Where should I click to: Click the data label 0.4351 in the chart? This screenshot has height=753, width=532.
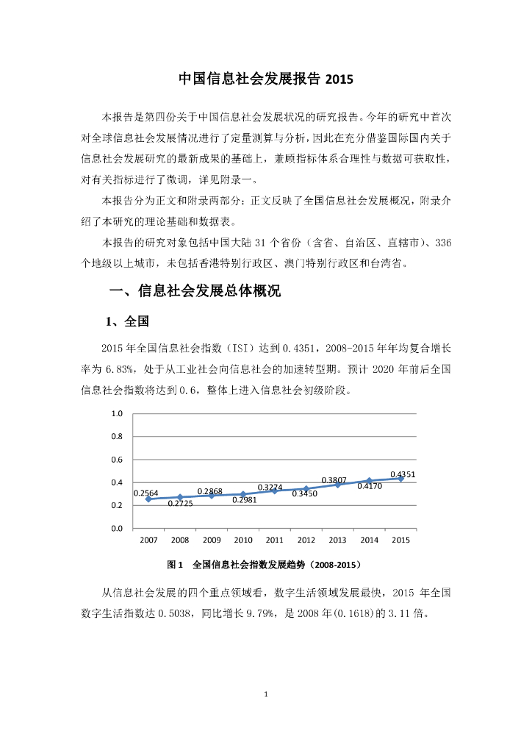pyautogui.click(x=403, y=474)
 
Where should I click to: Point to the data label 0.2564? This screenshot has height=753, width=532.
pyautogui.click(x=145, y=493)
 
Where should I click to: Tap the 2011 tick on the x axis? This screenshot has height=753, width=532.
pyautogui.click(x=275, y=540)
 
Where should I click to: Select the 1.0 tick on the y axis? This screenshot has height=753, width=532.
pyautogui.click(x=117, y=414)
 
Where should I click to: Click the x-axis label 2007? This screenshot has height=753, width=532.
pyautogui.click(x=148, y=540)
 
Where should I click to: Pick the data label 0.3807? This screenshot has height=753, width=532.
pyautogui.click(x=334, y=480)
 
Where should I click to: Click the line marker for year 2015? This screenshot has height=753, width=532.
pyautogui.click(x=400, y=479)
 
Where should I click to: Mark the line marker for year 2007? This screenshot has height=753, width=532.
pyautogui.click(x=148, y=499)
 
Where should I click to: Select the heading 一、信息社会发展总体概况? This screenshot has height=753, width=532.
pyautogui.click(x=195, y=291)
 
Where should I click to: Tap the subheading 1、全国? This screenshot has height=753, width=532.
pyautogui.click(x=128, y=321)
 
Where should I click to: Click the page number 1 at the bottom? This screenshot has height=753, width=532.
pyautogui.click(x=266, y=694)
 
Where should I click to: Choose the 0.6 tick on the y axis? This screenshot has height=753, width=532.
pyautogui.click(x=117, y=460)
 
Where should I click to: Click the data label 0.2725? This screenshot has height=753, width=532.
pyautogui.click(x=180, y=504)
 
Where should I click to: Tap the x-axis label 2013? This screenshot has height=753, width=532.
pyautogui.click(x=337, y=540)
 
